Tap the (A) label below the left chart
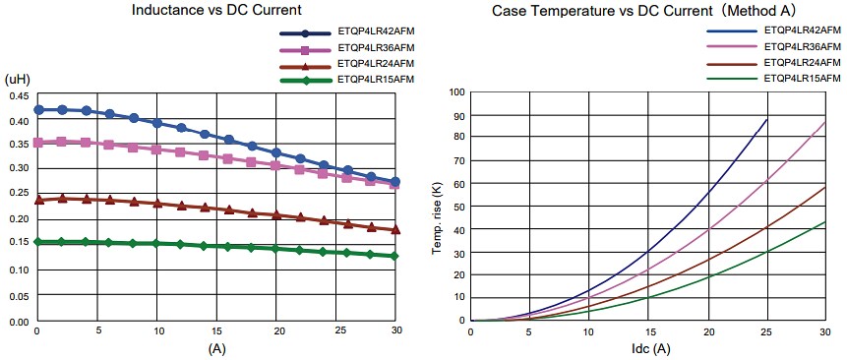coord(216,347)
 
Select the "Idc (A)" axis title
coord(649,349)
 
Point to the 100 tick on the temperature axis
coord(455,92)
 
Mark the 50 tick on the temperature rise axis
coord(458,207)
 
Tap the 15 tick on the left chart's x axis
coord(216,330)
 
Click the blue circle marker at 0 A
coord(38,109)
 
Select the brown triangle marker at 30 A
coord(395,230)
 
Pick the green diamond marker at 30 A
coord(395,256)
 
